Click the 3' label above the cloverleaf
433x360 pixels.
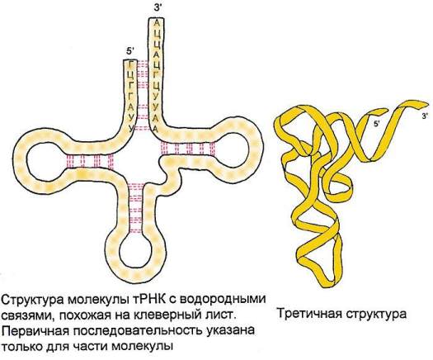coord(158,7)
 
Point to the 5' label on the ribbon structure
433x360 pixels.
coord(377,124)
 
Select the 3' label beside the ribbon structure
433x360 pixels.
coord(425,116)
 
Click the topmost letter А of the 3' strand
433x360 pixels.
coord(157,23)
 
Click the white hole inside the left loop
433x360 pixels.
coord(47,161)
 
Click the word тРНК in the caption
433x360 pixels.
coord(148,300)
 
